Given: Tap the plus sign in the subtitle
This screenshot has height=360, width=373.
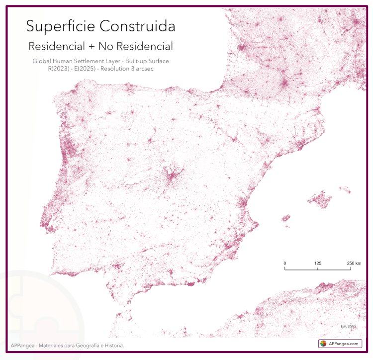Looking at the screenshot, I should [x=91, y=46].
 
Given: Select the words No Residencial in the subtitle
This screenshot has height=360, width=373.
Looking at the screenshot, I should [x=135, y=46].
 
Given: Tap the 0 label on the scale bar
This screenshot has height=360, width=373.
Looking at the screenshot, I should [x=284, y=263].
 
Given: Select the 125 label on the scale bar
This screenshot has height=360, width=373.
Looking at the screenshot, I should [x=318, y=263].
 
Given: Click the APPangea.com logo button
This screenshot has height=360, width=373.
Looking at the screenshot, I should [x=341, y=344].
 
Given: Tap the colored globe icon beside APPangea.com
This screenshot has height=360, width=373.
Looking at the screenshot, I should [x=323, y=344].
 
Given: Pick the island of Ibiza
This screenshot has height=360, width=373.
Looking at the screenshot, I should [x=286, y=218].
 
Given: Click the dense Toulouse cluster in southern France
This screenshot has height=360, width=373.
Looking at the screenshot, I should [x=285, y=82].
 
